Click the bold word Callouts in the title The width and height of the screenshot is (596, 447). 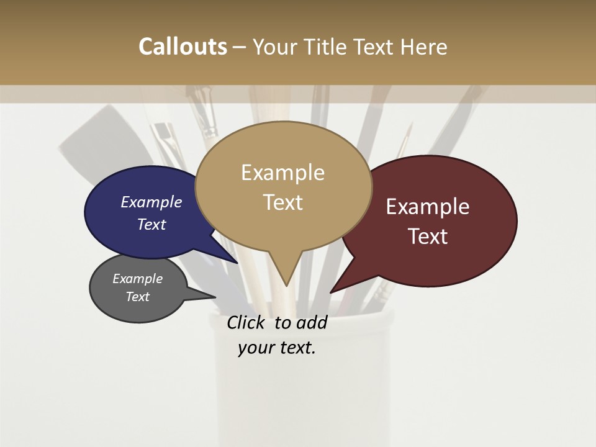pos(183,47)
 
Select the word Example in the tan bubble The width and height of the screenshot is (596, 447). pos(282,173)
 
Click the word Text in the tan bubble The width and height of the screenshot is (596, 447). pos(282,202)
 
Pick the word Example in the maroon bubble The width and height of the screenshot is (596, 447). pos(428,207)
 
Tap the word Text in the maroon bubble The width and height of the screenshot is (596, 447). pos(428,236)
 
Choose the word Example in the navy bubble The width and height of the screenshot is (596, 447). pos(151,202)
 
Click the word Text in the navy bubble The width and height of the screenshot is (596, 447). pos(151,224)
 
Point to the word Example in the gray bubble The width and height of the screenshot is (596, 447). pos(137,279)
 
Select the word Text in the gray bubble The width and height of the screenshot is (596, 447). pos(137,297)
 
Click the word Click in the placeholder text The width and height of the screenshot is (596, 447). pos(245,322)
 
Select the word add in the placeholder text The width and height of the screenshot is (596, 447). pos(312,322)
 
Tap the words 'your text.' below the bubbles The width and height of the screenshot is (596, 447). pos(277,348)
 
